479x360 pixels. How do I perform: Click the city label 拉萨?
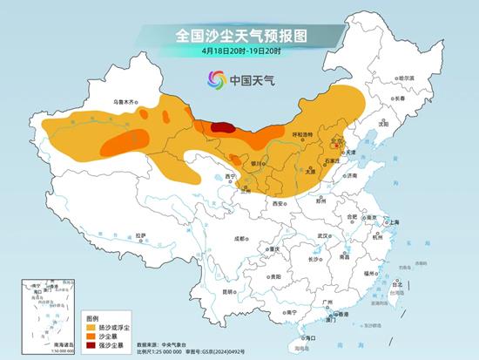(141, 235)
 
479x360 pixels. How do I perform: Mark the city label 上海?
(390, 223)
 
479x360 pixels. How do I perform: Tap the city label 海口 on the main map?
(307, 336)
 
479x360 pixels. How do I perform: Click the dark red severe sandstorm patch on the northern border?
(223, 127)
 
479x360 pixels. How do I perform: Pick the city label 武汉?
(323, 236)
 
